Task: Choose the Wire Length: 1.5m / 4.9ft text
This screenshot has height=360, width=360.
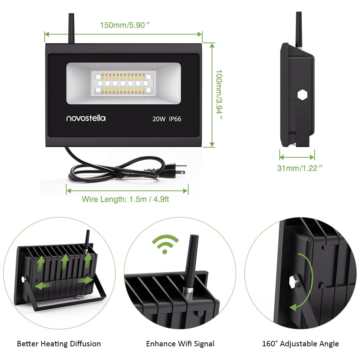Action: tap(125, 199)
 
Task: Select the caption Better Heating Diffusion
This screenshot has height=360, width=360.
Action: tap(59, 344)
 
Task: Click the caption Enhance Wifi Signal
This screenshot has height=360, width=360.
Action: tap(180, 344)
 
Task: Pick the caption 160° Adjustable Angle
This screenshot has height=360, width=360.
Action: tap(300, 344)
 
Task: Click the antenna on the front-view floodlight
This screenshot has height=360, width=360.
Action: tap(70, 28)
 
